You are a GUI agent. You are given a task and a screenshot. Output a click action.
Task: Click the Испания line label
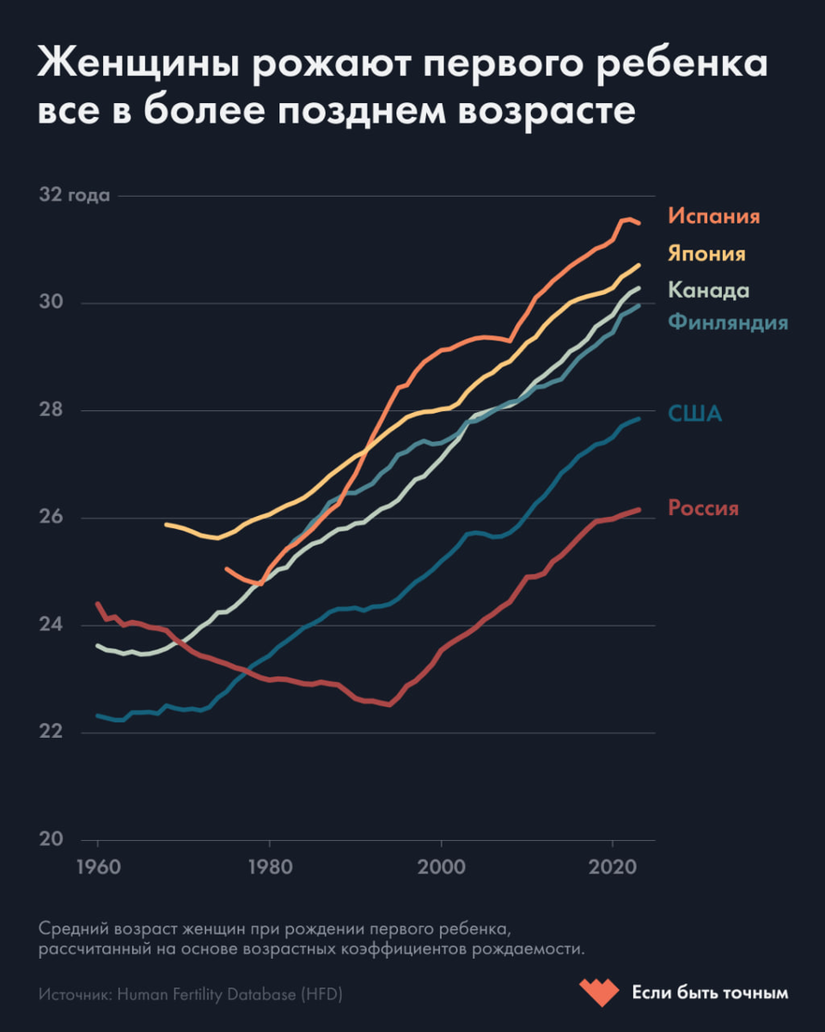point(714,216)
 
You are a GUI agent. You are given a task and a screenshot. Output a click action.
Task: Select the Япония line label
point(706,254)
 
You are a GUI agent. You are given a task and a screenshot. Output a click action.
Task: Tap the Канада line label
point(709,291)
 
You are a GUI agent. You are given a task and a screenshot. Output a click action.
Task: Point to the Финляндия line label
point(728,322)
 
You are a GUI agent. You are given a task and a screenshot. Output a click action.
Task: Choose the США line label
point(695,415)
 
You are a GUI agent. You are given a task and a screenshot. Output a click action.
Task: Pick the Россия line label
point(703,508)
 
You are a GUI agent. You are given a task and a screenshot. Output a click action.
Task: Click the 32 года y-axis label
point(75,195)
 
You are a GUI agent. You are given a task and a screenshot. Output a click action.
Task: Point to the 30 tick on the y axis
point(51,303)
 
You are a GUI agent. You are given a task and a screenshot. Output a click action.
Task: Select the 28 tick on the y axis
point(51,410)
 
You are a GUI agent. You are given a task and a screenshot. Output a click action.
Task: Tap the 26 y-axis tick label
point(51,518)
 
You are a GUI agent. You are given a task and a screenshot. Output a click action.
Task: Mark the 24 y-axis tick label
point(51,625)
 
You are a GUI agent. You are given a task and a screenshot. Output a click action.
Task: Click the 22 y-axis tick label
point(51,733)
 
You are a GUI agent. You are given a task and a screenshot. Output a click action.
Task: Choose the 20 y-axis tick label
point(51,840)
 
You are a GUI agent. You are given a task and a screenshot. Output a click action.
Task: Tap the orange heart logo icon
point(598,992)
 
